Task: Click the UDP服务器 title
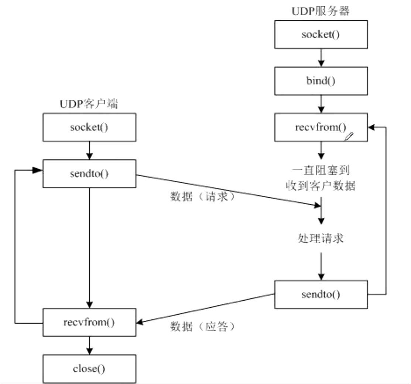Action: click(x=321, y=11)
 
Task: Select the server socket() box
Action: click(x=321, y=35)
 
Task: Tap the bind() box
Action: click(x=321, y=81)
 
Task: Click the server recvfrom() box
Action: click(x=321, y=128)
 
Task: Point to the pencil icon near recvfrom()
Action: click(x=349, y=137)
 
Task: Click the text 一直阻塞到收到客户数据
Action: click(x=321, y=178)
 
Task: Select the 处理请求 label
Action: click(x=321, y=238)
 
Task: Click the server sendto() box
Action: click(x=321, y=294)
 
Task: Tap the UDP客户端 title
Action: click(x=89, y=104)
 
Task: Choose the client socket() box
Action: click(x=89, y=128)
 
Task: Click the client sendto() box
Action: click(x=89, y=174)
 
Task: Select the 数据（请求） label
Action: click(x=202, y=197)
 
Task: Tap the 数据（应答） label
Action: click(x=202, y=326)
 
